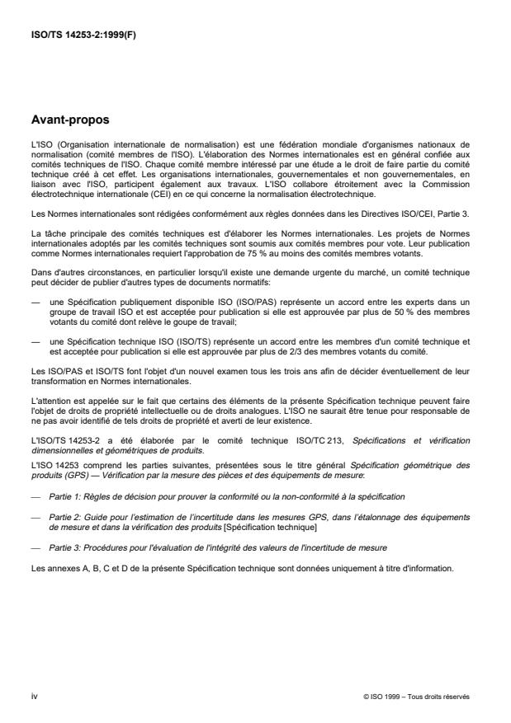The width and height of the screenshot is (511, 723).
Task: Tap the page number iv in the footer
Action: (34, 697)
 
